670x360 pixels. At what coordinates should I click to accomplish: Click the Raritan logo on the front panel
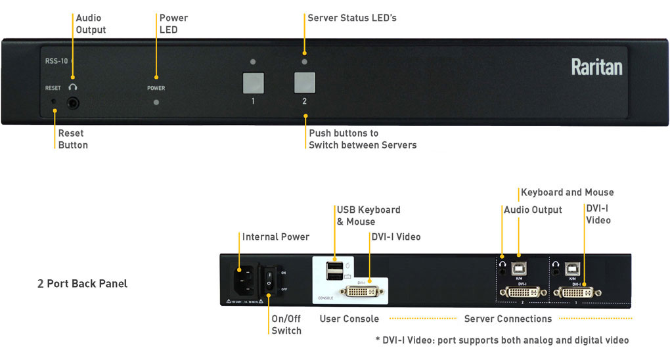(x=596, y=67)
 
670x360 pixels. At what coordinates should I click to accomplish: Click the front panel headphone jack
(x=73, y=102)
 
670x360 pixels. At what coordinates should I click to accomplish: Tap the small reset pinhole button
(x=55, y=102)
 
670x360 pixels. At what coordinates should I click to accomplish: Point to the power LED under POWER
(x=156, y=102)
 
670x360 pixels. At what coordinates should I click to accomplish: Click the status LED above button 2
(x=304, y=62)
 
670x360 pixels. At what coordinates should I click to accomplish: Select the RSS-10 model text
(x=56, y=61)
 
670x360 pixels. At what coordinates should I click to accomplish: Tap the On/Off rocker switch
(x=269, y=280)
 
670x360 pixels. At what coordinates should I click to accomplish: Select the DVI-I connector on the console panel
(x=362, y=292)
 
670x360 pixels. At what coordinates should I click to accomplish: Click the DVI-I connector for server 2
(x=522, y=292)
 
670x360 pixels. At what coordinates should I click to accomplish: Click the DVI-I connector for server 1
(x=575, y=292)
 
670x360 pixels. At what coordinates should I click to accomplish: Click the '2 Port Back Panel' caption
(x=82, y=284)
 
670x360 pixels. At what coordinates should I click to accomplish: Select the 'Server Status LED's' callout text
(x=352, y=18)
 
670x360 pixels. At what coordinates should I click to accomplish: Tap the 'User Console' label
(x=349, y=319)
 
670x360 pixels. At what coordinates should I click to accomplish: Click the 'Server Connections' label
(x=508, y=319)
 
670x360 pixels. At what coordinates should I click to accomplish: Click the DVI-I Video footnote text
(x=501, y=340)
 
